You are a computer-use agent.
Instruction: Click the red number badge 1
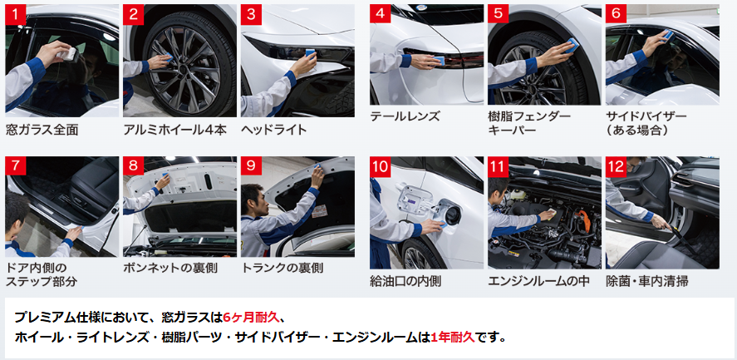16,14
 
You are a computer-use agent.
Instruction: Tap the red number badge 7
16,166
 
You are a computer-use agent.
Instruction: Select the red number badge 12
616,166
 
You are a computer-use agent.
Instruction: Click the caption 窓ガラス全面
42,130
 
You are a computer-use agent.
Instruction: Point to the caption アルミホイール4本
174,130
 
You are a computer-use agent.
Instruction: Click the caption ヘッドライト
274,130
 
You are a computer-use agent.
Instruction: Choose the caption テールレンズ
405,116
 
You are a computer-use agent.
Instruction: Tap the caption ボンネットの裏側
170,269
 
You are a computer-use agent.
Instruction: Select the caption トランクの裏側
283,269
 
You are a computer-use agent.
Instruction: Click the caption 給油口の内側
405,281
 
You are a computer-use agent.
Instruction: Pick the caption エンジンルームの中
538,281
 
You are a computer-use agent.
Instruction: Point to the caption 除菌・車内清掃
647,281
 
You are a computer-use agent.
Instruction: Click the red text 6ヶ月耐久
252,317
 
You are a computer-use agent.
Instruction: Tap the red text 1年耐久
453,338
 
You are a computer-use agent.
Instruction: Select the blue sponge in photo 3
311,54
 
